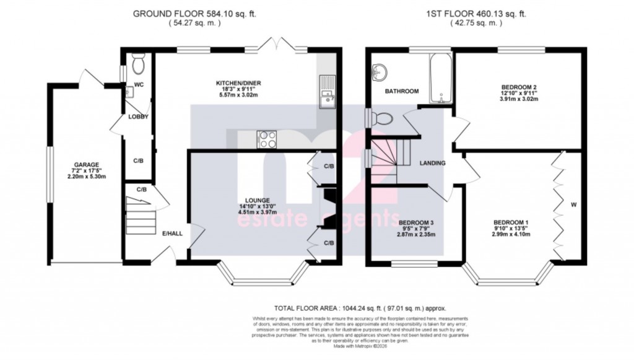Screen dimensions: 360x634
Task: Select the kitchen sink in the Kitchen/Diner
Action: click(326, 92)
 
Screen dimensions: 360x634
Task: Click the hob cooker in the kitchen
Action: click(267, 139)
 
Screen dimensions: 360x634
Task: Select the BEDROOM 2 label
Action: click(519, 87)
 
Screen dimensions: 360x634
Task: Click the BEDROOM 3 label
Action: click(415, 222)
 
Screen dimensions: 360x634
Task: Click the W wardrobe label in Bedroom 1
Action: click(573, 203)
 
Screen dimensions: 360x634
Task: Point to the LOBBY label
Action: click(138, 116)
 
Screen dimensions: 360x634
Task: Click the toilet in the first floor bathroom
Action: click(384, 118)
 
